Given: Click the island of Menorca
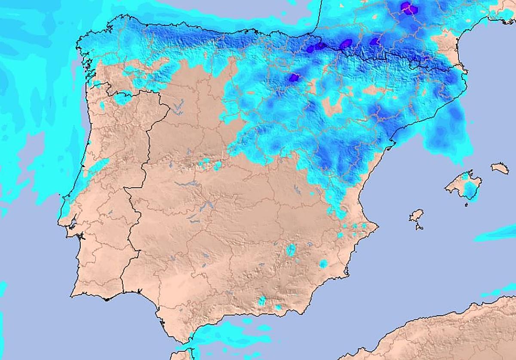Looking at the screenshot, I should (500, 168).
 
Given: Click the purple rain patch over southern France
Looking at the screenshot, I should (408, 7).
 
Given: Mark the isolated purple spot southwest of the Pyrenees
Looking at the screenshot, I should (294, 77).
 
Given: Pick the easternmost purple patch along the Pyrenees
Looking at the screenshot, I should (375, 42).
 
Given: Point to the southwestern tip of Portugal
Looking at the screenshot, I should (73, 295).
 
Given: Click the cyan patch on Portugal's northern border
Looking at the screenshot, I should (122, 98).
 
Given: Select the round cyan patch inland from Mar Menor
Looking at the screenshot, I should (323, 263).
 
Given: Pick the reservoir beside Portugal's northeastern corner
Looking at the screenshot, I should (178, 106).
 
